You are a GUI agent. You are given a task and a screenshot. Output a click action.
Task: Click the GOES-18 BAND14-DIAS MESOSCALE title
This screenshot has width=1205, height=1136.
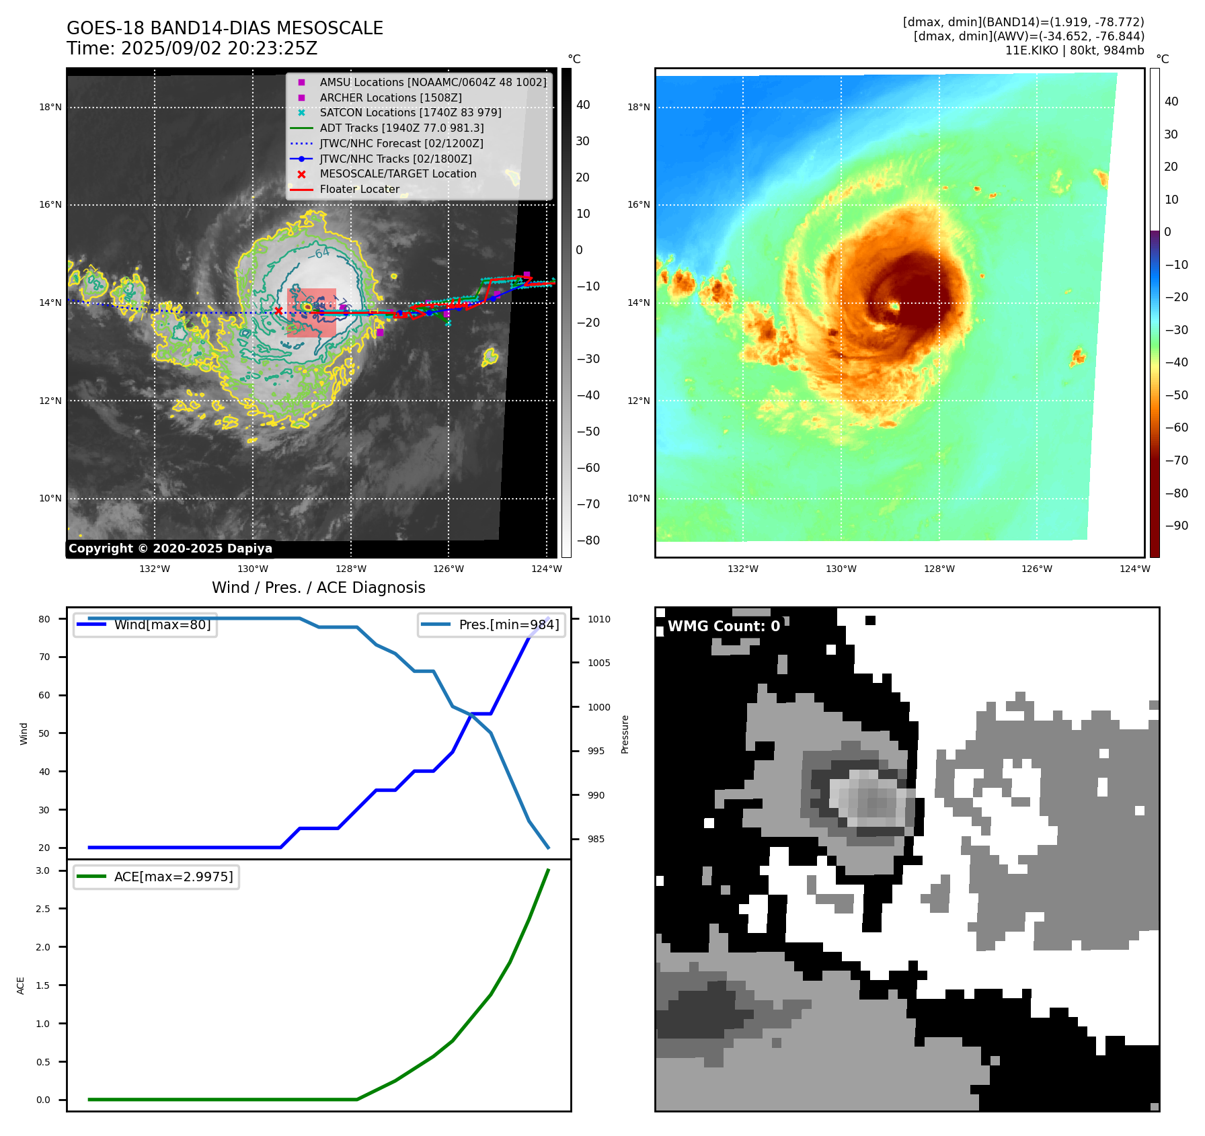click(225, 28)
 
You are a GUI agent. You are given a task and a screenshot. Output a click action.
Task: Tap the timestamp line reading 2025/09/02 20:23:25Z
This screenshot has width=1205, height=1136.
click(192, 48)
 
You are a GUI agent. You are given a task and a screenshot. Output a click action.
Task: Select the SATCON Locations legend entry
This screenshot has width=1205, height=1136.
click(410, 113)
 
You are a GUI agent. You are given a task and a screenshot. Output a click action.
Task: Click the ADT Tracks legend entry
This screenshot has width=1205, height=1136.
click(401, 128)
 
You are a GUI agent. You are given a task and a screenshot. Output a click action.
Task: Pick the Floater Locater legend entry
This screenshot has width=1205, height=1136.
click(359, 190)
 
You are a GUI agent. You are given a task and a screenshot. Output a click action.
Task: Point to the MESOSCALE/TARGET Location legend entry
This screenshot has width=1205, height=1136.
click(397, 174)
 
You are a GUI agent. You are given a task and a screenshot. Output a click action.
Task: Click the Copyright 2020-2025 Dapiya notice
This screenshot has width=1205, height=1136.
click(170, 549)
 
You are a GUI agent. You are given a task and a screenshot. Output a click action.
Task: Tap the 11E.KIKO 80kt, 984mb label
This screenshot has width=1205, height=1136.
click(1074, 50)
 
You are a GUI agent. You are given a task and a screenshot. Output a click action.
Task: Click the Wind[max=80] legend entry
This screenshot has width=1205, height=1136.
click(162, 624)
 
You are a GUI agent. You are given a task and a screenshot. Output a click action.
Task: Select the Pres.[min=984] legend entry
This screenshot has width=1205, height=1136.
click(508, 624)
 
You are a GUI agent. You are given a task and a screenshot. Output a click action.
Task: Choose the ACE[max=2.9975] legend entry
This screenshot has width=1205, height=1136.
click(173, 877)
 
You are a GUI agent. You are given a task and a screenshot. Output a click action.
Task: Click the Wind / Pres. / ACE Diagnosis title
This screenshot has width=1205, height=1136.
click(318, 587)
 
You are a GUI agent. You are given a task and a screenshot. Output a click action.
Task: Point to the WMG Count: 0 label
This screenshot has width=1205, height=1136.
click(724, 626)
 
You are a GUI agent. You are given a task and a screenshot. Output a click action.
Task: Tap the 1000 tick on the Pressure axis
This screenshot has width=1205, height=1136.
click(599, 707)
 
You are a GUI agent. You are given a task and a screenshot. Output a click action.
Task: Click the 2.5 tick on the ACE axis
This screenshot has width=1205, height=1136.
click(43, 909)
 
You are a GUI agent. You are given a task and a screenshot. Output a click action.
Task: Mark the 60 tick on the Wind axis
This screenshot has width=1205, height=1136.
click(44, 695)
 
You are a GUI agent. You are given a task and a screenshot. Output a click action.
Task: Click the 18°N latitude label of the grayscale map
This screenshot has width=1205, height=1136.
click(50, 107)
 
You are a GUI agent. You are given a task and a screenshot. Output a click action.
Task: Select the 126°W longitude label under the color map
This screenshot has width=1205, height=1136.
click(1036, 569)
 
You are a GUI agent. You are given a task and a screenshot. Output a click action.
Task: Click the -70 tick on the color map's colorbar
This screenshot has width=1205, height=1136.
click(1176, 460)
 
